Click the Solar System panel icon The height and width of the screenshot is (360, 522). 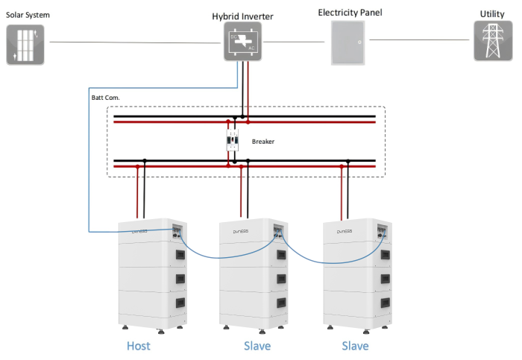point(25,43)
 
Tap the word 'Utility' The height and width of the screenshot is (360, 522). point(491,14)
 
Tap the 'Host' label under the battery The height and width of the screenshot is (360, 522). point(139,346)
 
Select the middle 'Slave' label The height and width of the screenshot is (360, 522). point(257,346)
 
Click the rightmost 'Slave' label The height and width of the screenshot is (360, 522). point(355,346)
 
